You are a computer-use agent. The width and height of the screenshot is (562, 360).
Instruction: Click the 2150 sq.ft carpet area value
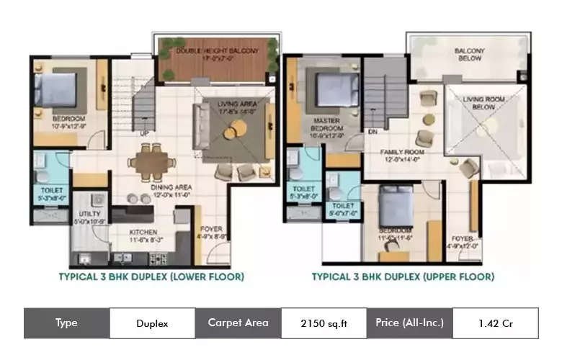click(x=324, y=323)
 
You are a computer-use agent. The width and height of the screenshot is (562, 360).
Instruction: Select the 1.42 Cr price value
click(x=495, y=323)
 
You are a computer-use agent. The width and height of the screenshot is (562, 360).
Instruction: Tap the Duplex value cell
click(x=152, y=323)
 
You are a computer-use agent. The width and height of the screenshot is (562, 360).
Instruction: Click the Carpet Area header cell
click(x=238, y=323)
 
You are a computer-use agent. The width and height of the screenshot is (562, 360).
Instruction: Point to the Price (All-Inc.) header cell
click(x=409, y=323)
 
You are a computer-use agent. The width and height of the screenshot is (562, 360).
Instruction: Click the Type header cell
click(x=66, y=323)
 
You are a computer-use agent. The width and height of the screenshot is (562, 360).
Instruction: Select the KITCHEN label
click(x=143, y=233)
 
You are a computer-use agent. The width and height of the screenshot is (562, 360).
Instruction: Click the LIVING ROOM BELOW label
click(x=483, y=102)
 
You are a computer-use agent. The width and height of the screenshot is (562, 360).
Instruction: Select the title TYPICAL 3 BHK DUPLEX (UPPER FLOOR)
click(x=403, y=276)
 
